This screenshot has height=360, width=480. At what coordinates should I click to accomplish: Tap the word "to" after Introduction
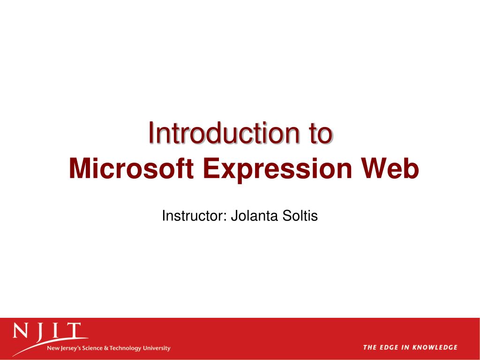point(320,133)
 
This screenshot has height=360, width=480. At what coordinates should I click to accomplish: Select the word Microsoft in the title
point(131,169)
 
